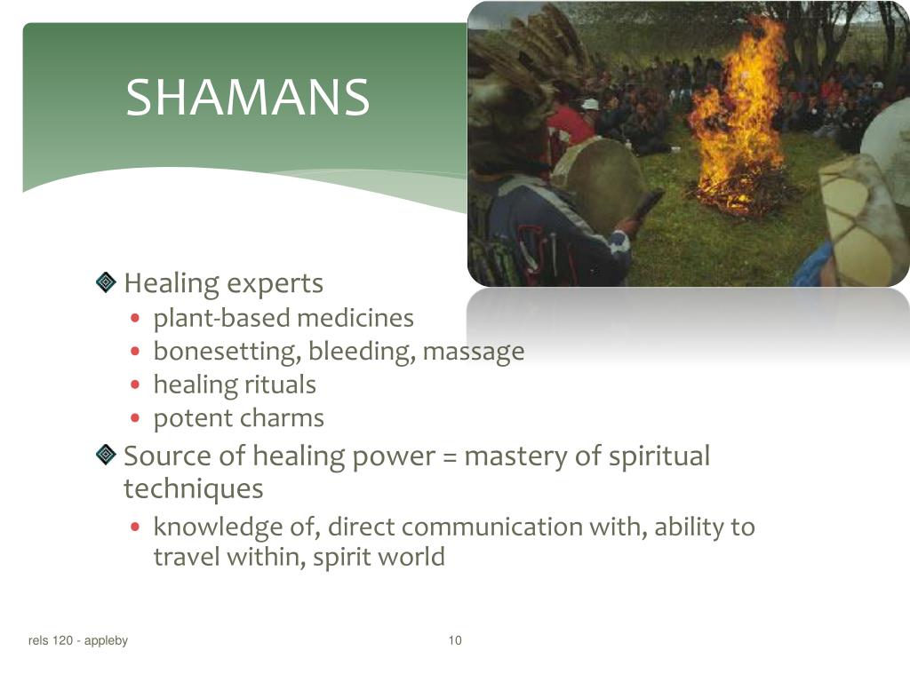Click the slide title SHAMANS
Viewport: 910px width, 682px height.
point(247,98)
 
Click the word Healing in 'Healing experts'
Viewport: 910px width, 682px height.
point(172,284)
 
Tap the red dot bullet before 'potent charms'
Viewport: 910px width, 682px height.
point(135,418)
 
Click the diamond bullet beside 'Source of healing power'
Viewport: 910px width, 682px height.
point(107,456)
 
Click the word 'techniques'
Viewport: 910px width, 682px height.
point(193,489)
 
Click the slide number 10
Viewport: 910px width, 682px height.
point(455,641)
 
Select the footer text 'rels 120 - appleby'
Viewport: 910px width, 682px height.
point(78,641)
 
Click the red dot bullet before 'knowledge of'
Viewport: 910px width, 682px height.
point(135,527)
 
